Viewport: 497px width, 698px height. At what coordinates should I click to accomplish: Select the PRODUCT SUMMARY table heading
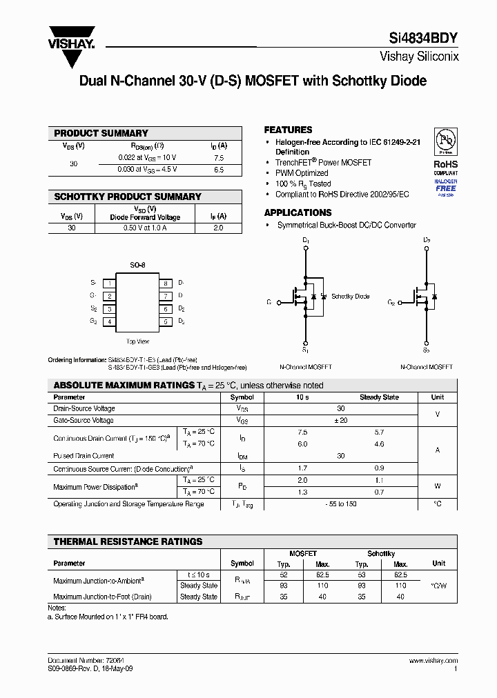coord(101,133)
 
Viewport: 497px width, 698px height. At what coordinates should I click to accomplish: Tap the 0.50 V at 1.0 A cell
coord(145,228)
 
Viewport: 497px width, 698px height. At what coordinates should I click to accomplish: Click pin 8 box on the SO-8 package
coord(166,283)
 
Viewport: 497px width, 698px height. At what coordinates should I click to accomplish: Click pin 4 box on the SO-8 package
coord(109,321)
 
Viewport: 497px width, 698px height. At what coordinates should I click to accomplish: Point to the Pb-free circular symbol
coord(445,141)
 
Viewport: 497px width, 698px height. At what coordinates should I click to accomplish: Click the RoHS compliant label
coord(445,168)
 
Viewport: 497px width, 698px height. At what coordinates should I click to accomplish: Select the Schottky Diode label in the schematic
coord(350,297)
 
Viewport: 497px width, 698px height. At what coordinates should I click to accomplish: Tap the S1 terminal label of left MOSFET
coord(306,350)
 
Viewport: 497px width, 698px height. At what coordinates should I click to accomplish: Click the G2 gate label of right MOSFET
coord(391,302)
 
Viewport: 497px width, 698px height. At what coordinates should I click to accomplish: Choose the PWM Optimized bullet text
coord(302,173)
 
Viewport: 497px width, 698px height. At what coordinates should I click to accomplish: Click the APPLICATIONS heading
coord(298,212)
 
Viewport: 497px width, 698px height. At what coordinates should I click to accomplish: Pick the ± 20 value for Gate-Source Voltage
coord(340,420)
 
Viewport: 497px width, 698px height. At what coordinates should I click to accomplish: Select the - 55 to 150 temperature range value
coord(340,504)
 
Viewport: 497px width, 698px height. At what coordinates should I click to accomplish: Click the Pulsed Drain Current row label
coord(84,456)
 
